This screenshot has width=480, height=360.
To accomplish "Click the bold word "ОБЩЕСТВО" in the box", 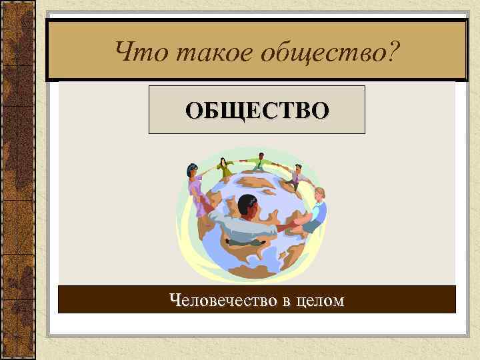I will pos(257,109).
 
